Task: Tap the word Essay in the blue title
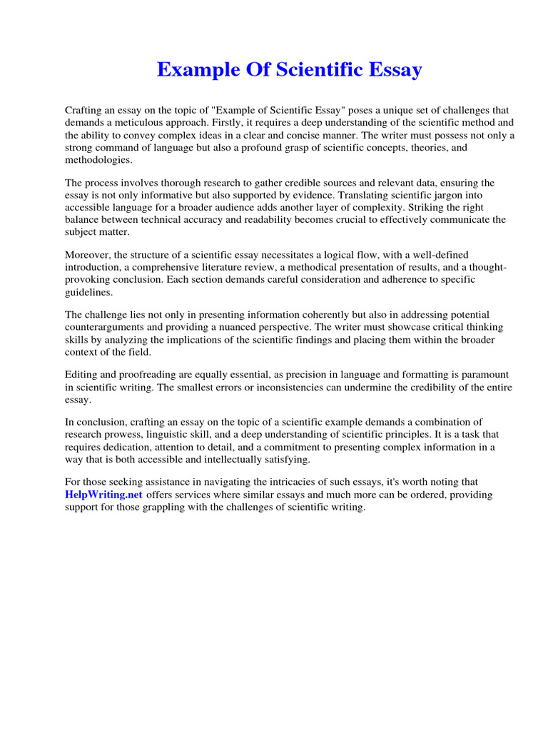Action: pyautogui.click(x=392, y=70)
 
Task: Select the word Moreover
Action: pyautogui.click(x=88, y=256)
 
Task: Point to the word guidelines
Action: pyautogui.click(x=88, y=292)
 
